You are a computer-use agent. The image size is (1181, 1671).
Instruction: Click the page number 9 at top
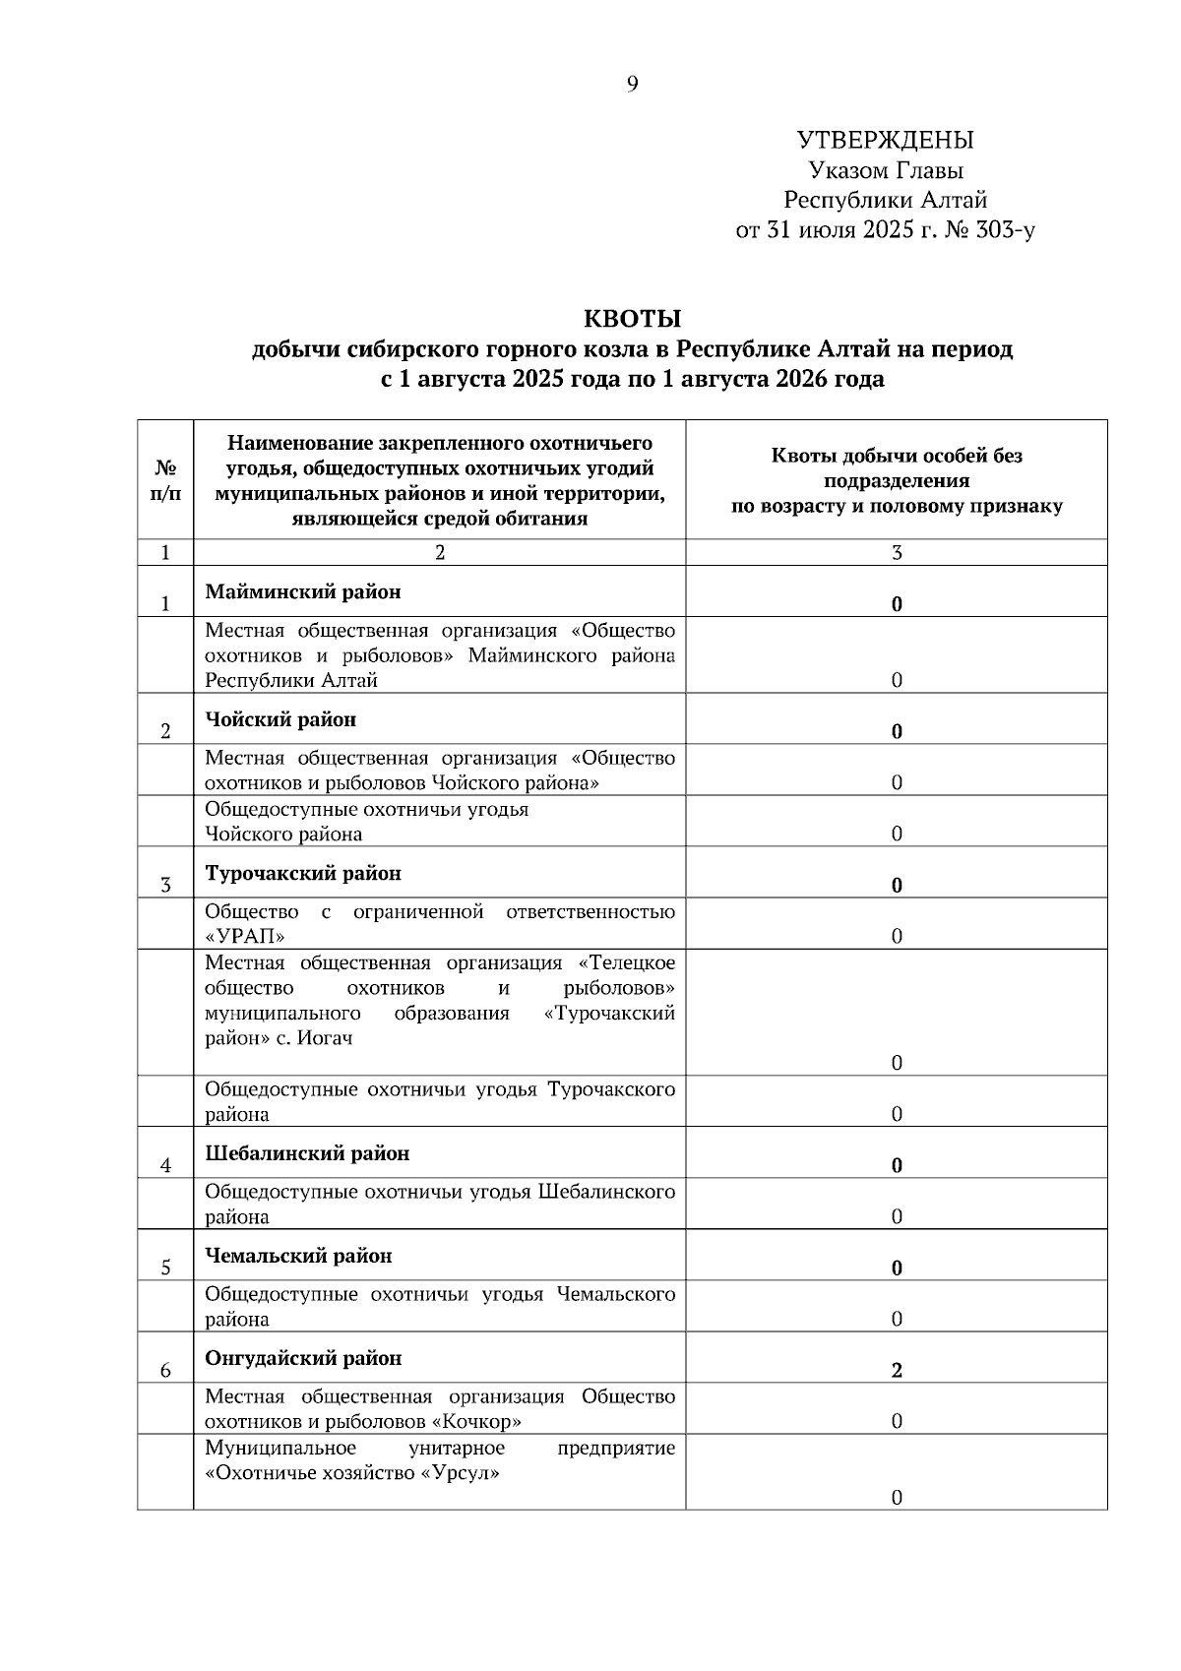click(632, 85)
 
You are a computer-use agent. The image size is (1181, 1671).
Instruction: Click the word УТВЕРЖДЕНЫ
click(885, 141)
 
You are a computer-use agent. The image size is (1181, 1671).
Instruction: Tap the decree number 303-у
click(1003, 231)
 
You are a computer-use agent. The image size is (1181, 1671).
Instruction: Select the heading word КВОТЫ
click(632, 319)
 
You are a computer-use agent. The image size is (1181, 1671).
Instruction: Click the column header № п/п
click(165, 480)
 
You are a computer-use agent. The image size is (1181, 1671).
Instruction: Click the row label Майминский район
click(303, 591)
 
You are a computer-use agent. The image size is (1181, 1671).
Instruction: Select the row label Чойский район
click(280, 719)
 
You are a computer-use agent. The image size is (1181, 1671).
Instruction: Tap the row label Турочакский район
click(303, 873)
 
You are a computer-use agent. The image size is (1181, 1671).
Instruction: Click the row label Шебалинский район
click(307, 1152)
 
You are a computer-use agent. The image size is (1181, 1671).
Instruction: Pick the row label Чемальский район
click(298, 1256)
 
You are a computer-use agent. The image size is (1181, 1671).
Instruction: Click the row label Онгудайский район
click(303, 1358)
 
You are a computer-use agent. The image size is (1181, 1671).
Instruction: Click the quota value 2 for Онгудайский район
click(897, 1371)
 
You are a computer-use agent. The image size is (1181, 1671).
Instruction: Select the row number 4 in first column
click(165, 1166)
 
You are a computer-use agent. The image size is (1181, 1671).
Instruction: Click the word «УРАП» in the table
click(245, 936)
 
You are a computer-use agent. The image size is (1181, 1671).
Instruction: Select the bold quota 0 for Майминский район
click(897, 604)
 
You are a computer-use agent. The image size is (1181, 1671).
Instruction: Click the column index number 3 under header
click(897, 553)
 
